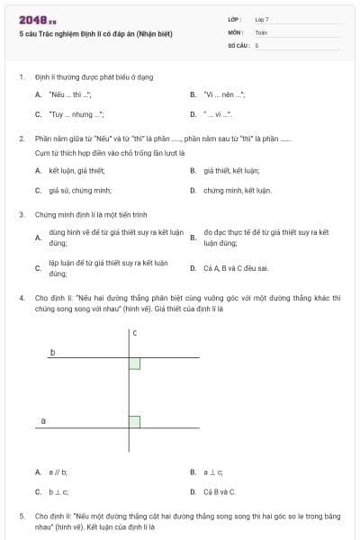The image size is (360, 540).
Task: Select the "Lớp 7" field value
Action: (x=262, y=19)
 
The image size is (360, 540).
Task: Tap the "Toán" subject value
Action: (x=261, y=31)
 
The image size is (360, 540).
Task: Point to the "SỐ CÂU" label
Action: (x=236, y=44)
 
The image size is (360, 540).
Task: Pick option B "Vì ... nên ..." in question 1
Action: (x=224, y=94)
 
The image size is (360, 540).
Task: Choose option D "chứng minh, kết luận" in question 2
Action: (x=237, y=191)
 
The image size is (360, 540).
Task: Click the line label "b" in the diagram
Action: (x=52, y=353)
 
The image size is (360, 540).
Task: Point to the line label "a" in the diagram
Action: (x=43, y=420)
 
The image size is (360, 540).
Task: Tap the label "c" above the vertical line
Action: (x=134, y=334)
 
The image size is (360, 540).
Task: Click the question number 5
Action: (x=22, y=517)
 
